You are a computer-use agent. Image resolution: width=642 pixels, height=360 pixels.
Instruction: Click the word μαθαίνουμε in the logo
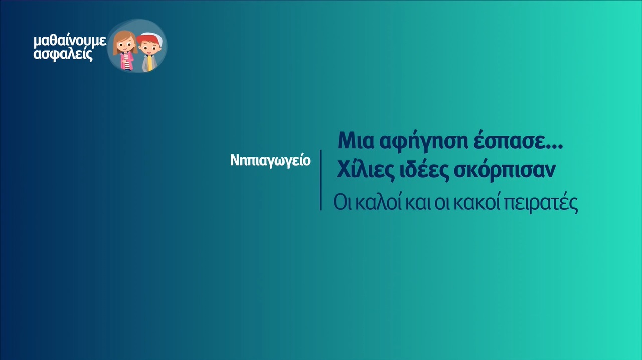pos(70,42)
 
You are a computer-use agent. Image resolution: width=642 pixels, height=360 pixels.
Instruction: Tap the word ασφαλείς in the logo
pos(63,55)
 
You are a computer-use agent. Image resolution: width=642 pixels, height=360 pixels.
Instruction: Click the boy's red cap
pos(147,39)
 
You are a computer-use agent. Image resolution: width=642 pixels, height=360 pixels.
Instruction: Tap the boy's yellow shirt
pos(149,63)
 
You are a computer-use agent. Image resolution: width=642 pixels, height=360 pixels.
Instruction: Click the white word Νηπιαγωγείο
pos(270,161)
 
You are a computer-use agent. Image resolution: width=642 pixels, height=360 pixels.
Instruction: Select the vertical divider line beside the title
pos(320,180)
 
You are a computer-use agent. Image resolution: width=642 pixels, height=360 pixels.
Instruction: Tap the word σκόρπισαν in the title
pos(505,171)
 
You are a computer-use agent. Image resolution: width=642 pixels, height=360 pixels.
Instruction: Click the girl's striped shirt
pos(125,61)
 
